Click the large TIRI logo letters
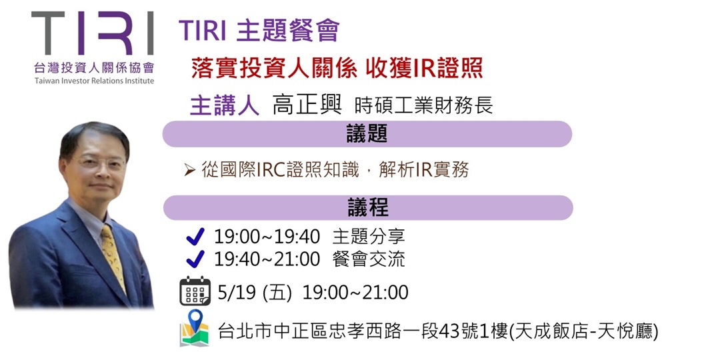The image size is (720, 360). click(93, 34)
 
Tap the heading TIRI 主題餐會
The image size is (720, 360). click(259, 30)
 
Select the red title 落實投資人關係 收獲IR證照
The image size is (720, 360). click(337, 67)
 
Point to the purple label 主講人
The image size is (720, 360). click(225, 105)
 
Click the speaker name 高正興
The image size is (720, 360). click(307, 105)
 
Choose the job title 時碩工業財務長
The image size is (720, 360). click(424, 106)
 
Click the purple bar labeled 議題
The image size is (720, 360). click(367, 134)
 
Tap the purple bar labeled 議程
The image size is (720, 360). click(367, 207)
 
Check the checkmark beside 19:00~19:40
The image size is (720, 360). click(195, 236)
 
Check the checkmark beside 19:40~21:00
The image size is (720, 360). click(195, 259)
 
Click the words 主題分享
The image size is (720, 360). click(369, 236)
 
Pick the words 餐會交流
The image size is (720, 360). click(369, 259)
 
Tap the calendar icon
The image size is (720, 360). click(195, 291)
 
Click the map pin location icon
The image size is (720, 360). click(195, 327)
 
